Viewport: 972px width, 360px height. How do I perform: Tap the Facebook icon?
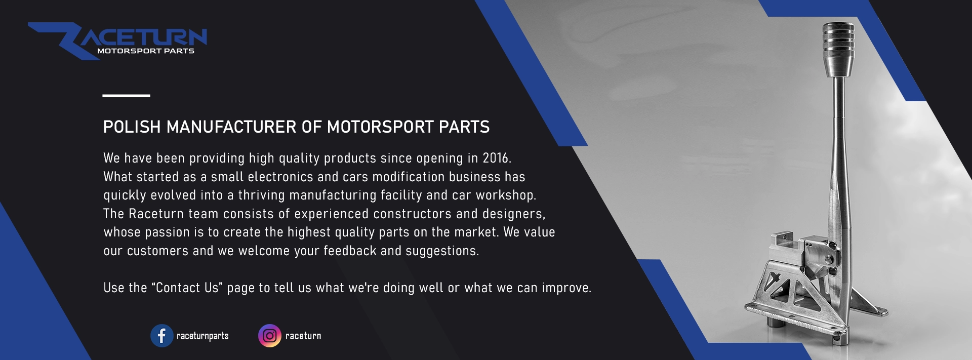point(161,336)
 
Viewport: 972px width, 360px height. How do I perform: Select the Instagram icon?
point(270,336)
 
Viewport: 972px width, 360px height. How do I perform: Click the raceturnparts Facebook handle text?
point(202,336)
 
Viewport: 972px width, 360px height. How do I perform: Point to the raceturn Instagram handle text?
point(303,336)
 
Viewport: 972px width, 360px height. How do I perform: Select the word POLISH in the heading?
point(132,127)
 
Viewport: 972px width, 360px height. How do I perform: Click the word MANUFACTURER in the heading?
point(232,127)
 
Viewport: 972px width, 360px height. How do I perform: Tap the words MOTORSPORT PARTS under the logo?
point(146,51)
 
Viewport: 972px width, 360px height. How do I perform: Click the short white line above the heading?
point(126,95)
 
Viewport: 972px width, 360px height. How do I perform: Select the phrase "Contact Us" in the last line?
point(187,288)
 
